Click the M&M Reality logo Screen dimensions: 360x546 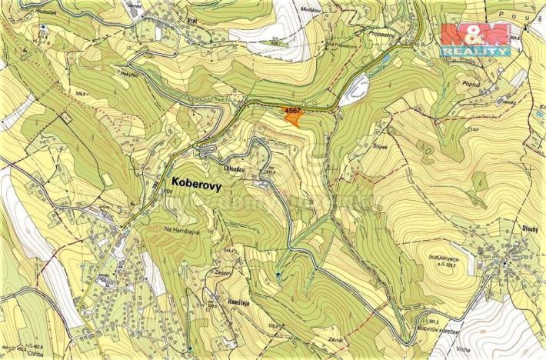pyautogui.click(x=475, y=38)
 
